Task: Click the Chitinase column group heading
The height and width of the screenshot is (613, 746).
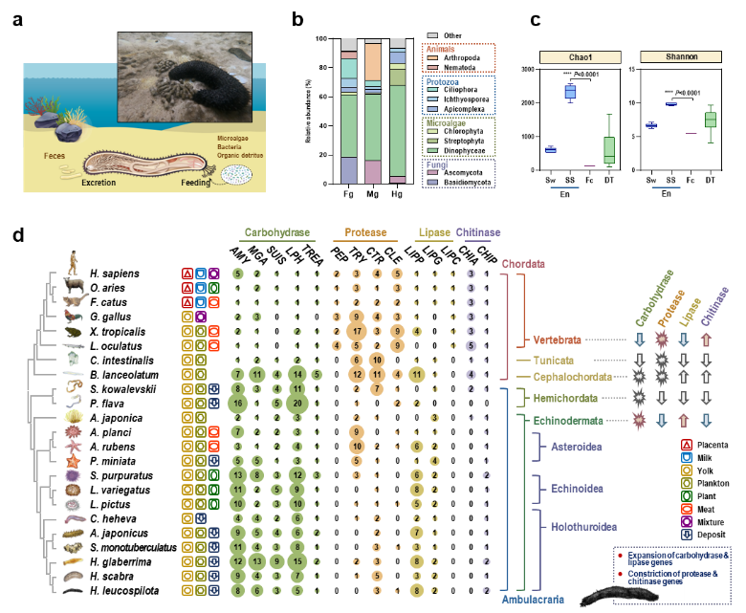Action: coord(478,232)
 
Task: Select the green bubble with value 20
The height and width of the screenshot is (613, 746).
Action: coord(300,404)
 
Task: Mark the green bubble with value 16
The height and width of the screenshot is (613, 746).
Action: coord(237,404)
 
